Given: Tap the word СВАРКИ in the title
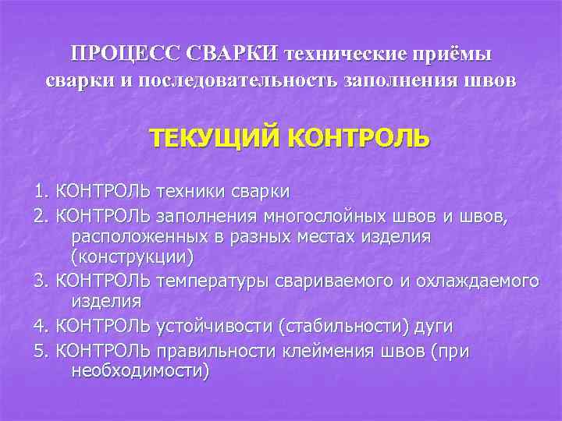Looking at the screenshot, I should pyautogui.click(x=233, y=54).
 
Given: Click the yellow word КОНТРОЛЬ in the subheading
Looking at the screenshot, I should pyautogui.click(x=358, y=140).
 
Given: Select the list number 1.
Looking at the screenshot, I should pyautogui.click(x=41, y=191).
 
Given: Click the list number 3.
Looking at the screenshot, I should pyautogui.click(x=41, y=280).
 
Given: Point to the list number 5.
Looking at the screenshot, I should pyautogui.click(x=41, y=352).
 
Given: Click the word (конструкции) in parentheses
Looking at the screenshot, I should pyautogui.click(x=132, y=256).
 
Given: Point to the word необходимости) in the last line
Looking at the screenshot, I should pyautogui.click(x=140, y=371).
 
